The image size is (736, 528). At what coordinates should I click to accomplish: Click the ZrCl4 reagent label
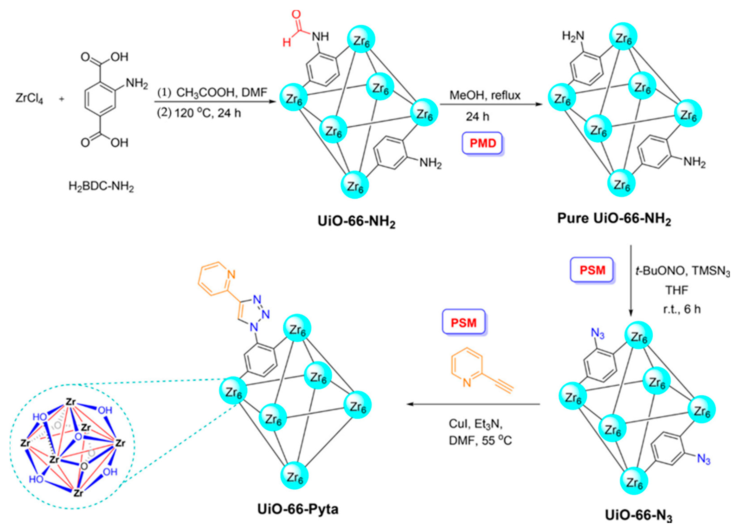tap(29, 98)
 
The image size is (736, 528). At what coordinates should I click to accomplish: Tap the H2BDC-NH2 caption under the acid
tap(101, 187)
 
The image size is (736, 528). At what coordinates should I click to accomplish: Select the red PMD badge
tap(483, 143)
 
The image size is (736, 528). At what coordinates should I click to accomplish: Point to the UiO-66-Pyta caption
tap(298, 509)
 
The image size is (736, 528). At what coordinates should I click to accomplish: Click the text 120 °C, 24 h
tap(208, 113)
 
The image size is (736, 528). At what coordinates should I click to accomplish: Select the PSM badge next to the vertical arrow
tap(592, 270)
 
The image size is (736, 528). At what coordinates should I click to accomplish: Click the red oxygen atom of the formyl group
tap(296, 15)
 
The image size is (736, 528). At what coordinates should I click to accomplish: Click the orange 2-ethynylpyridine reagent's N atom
tap(467, 383)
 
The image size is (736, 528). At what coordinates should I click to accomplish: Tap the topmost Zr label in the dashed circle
tap(71, 402)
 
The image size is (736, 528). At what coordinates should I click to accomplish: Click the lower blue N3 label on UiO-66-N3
tap(704, 459)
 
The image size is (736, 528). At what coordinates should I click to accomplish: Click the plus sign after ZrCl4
tap(62, 98)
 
